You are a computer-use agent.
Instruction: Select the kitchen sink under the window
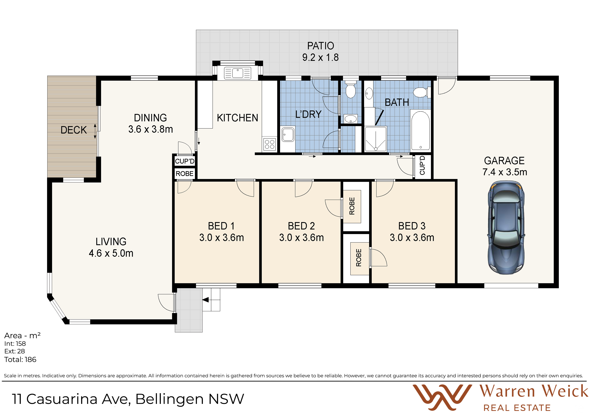[237, 73]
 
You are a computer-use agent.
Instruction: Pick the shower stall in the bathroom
[376, 139]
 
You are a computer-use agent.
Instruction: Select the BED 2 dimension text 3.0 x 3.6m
[301, 237]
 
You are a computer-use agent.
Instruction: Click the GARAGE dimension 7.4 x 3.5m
[504, 172]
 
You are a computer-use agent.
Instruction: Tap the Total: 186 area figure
[20, 360]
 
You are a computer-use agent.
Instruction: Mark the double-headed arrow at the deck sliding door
[95, 131]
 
